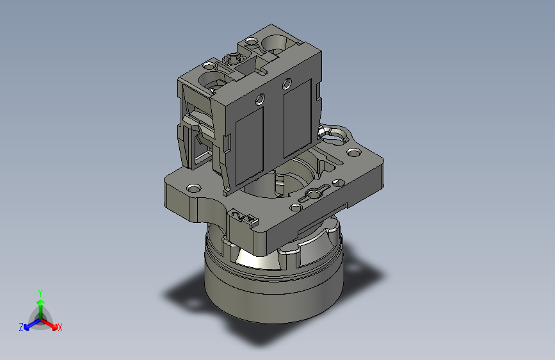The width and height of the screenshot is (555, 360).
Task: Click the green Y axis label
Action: (x=40, y=293)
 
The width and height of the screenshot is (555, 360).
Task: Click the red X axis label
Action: (x=60, y=327)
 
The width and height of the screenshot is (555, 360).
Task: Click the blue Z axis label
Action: (x=21, y=327)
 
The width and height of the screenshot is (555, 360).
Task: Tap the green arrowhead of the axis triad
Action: (x=41, y=302)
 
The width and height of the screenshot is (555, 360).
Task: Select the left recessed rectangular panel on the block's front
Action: (x=249, y=145)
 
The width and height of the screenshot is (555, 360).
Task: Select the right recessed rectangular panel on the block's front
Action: (x=297, y=119)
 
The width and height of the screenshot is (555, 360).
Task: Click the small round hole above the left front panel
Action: (x=260, y=99)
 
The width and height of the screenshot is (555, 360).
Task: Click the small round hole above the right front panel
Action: (x=287, y=84)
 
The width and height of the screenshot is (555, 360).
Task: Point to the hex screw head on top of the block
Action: (x=233, y=58)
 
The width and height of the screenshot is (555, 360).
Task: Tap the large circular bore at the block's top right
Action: (x=275, y=44)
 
